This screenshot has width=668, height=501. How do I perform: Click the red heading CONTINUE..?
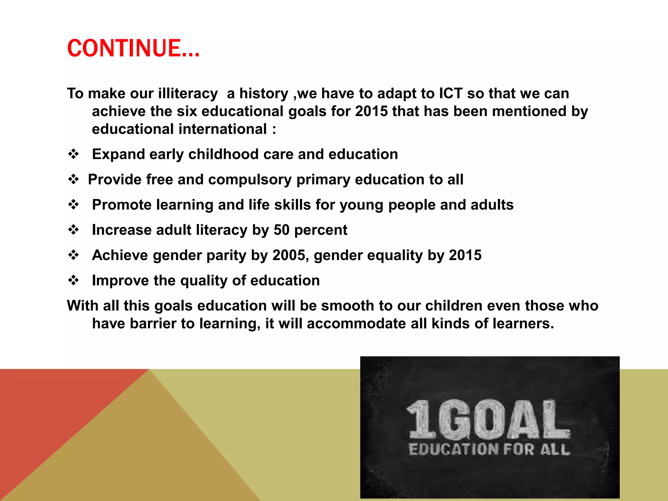coord(133,48)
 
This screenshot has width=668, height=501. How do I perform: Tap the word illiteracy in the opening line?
coord(188,94)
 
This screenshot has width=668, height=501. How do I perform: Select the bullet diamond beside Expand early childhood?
coord(73,154)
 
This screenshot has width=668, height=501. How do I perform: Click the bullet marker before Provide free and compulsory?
coord(73,179)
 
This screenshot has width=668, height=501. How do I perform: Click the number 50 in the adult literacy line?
coord(281,230)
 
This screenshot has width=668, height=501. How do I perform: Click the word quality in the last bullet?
coord(204,281)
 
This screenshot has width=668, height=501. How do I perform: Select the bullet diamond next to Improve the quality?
coord(73,280)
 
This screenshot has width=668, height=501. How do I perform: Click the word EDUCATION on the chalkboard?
coord(454,449)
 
